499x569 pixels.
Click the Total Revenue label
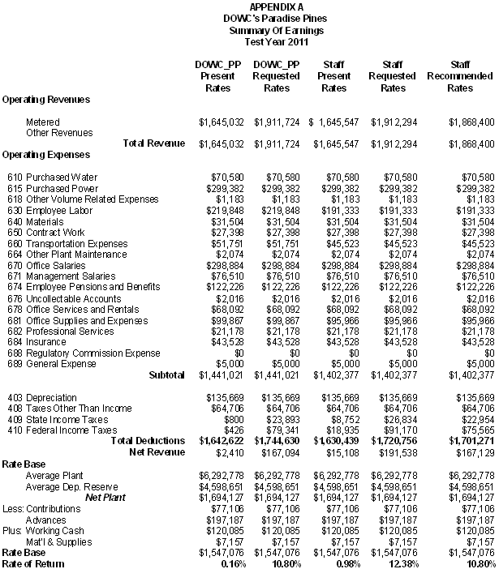[153, 143]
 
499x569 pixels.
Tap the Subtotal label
[166, 375]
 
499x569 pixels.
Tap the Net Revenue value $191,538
[398, 452]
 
